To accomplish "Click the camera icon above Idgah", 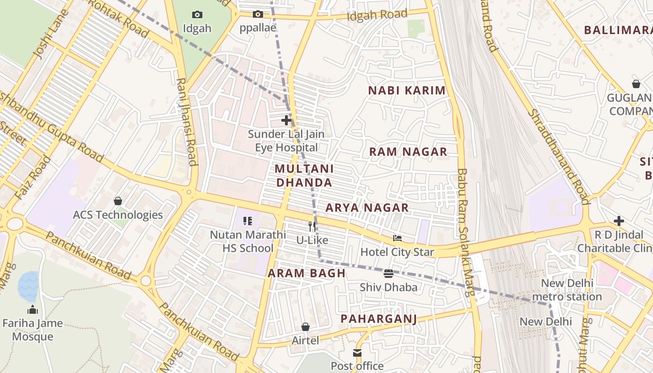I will pos(197,15).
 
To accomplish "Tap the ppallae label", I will pos(258,28).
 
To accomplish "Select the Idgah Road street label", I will pos(377,15).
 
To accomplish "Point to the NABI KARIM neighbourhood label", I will pos(407,90).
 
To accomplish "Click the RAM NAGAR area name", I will pos(408,152).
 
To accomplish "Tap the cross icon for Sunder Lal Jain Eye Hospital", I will pos(286,121).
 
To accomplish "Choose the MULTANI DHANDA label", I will pos(304,175).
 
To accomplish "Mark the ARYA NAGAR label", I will pos(367,208).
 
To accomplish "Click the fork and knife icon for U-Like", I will pos(312,227).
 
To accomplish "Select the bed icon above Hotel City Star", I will pos(397,238).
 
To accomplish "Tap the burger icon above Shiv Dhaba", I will pos(389,274).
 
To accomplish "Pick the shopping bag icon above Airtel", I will pos(306,327).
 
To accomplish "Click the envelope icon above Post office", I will pos(357,353).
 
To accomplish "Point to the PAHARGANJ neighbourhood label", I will pos(378,319).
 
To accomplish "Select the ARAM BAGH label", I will pos(306,273).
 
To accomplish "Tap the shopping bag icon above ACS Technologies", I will pos(118,201).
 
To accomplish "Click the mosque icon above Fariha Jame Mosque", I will pos(33,310).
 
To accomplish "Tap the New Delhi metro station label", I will pos(567,290).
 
